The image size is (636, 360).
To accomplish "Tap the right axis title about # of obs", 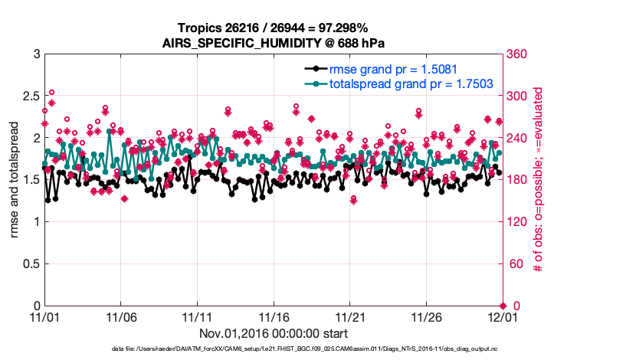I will [538, 179].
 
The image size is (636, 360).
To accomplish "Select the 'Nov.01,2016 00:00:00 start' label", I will [274, 333].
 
